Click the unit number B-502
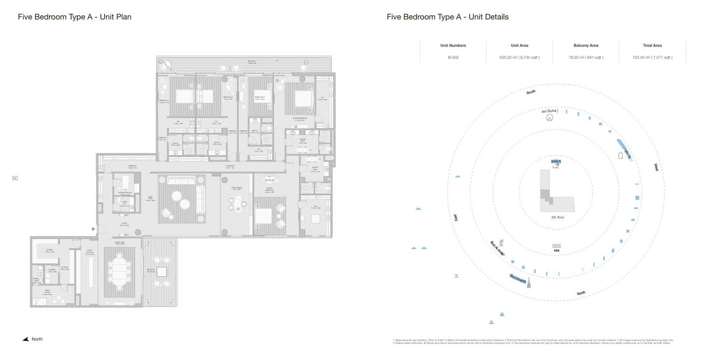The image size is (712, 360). coord(453,57)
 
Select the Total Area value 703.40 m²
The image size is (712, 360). coord(652,57)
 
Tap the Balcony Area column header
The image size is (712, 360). coord(585,45)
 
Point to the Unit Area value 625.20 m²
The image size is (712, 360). coord(519,57)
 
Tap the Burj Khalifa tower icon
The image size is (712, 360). coord(529,282)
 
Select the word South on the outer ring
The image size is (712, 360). coord(531,92)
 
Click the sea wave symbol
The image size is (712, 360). coord(557,246)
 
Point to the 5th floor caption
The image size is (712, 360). coord(557,217)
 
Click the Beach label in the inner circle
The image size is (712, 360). coord(556,161)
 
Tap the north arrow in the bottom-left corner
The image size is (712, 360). coord(25,339)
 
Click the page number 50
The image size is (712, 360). coord(15,179)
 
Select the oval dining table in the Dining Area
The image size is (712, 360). coord(119,271)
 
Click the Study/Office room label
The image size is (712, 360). coord(236,188)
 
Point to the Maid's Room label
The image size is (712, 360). coord(47,291)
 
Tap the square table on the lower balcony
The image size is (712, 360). coord(162,271)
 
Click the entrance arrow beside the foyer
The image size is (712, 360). coord(93,229)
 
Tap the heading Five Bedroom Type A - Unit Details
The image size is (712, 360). coord(447,17)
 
